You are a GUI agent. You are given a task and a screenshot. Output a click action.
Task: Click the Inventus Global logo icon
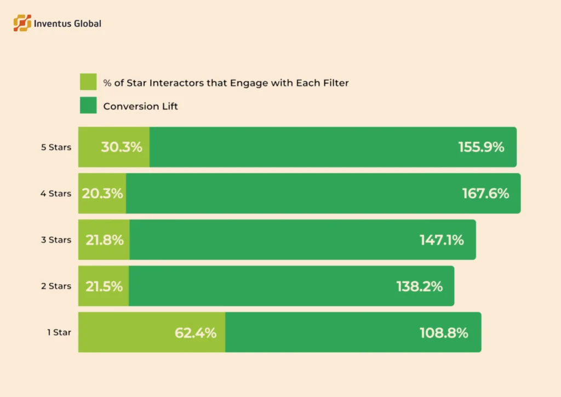22,23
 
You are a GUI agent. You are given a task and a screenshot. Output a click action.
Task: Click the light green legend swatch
88,82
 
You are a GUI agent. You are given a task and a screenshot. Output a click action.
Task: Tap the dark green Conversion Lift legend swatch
88,105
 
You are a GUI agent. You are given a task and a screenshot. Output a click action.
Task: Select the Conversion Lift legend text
140,106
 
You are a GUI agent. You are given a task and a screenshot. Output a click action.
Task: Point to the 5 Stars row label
56,147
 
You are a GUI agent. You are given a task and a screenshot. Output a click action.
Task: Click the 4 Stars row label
56,193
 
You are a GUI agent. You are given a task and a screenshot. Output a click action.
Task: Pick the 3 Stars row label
56,240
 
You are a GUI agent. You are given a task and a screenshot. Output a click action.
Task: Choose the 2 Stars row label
56,286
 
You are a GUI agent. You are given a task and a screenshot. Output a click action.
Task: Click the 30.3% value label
122,147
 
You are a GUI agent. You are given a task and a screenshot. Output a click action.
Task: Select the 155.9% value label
481,147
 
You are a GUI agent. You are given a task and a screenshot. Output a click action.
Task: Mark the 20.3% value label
102,193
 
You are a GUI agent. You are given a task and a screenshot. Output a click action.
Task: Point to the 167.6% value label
486,193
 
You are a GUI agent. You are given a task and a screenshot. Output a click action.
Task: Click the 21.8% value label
104,240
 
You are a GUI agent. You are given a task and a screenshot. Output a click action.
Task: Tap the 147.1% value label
442,240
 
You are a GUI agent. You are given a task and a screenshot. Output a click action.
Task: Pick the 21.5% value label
104,286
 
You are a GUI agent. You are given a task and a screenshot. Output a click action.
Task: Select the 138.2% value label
420,286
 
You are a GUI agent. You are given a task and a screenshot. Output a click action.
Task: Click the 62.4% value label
196,332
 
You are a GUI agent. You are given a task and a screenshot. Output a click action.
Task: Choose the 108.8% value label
444,332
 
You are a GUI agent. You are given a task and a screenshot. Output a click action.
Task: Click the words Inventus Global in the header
67,24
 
